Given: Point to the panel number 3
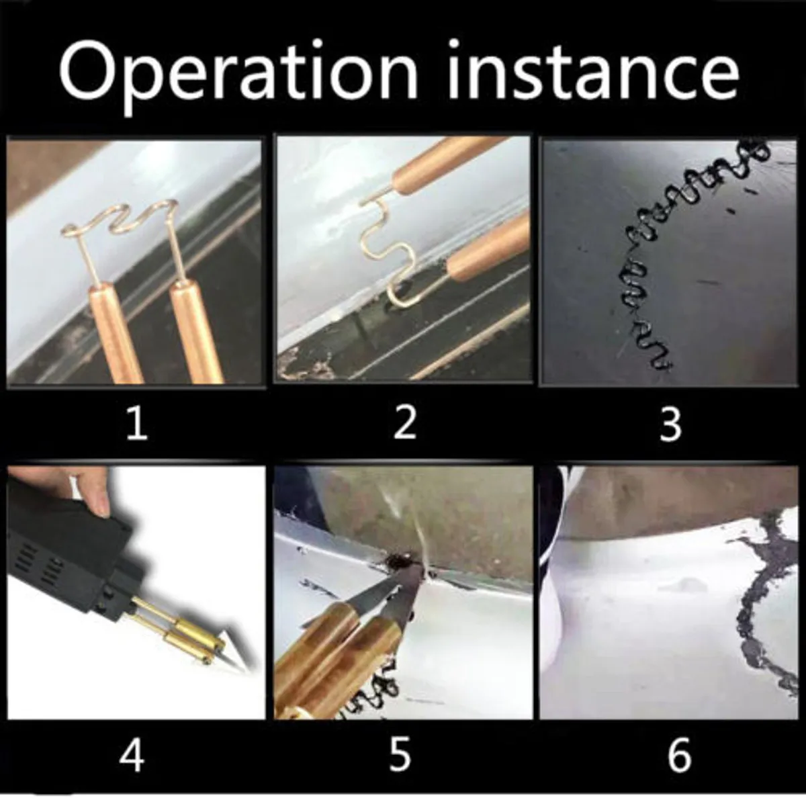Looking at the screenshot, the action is tap(670, 424).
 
